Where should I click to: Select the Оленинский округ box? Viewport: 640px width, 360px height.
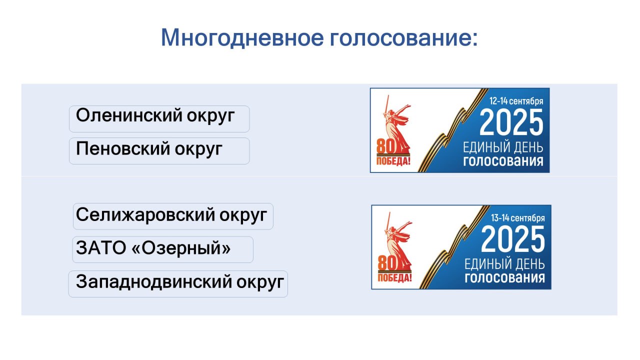(x=159, y=119)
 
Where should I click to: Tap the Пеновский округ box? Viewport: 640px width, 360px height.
(x=159, y=151)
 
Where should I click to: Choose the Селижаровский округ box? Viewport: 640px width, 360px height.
(x=173, y=216)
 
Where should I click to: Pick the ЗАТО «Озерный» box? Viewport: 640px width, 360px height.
(x=162, y=249)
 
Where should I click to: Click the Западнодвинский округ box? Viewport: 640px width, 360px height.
(x=178, y=284)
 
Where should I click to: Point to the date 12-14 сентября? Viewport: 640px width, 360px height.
(x=516, y=101)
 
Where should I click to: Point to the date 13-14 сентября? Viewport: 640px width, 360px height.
(x=517, y=218)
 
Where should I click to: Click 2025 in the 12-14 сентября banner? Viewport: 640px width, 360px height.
(x=511, y=122)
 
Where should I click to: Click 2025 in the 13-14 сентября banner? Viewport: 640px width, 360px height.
(x=513, y=239)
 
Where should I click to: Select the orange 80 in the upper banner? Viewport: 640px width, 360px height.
(x=385, y=146)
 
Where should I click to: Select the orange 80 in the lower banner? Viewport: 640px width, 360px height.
(x=387, y=263)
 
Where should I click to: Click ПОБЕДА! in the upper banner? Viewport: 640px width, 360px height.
(x=393, y=161)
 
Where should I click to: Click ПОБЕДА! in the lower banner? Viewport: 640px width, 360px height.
(x=394, y=278)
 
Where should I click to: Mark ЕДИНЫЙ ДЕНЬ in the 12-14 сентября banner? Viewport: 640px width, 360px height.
(x=503, y=147)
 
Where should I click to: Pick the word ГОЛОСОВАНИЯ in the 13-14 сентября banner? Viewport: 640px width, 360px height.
(x=505, y=277)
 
